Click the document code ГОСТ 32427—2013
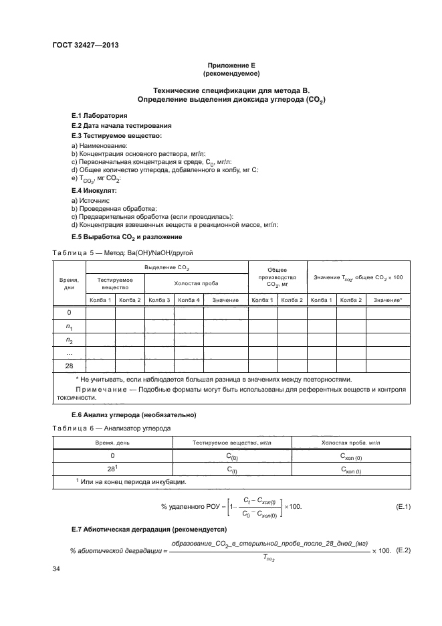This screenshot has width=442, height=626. click(x=81, y=46)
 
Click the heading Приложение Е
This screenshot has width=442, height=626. click(x=231, y=65)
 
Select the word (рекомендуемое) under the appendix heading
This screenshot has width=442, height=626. click(x=231, y=73)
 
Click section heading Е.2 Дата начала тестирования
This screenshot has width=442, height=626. click(x=121, y=125)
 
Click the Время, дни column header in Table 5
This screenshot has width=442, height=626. click(x=69, y=283)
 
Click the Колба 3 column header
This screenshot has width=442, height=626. click(x=159, y=299)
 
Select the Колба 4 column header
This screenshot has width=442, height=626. click(x=189, y=299)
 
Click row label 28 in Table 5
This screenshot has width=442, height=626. click(x=69, y=366)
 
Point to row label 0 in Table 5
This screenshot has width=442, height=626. click(x=69, y=313)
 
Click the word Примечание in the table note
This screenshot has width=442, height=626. click(x=98, y=389)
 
